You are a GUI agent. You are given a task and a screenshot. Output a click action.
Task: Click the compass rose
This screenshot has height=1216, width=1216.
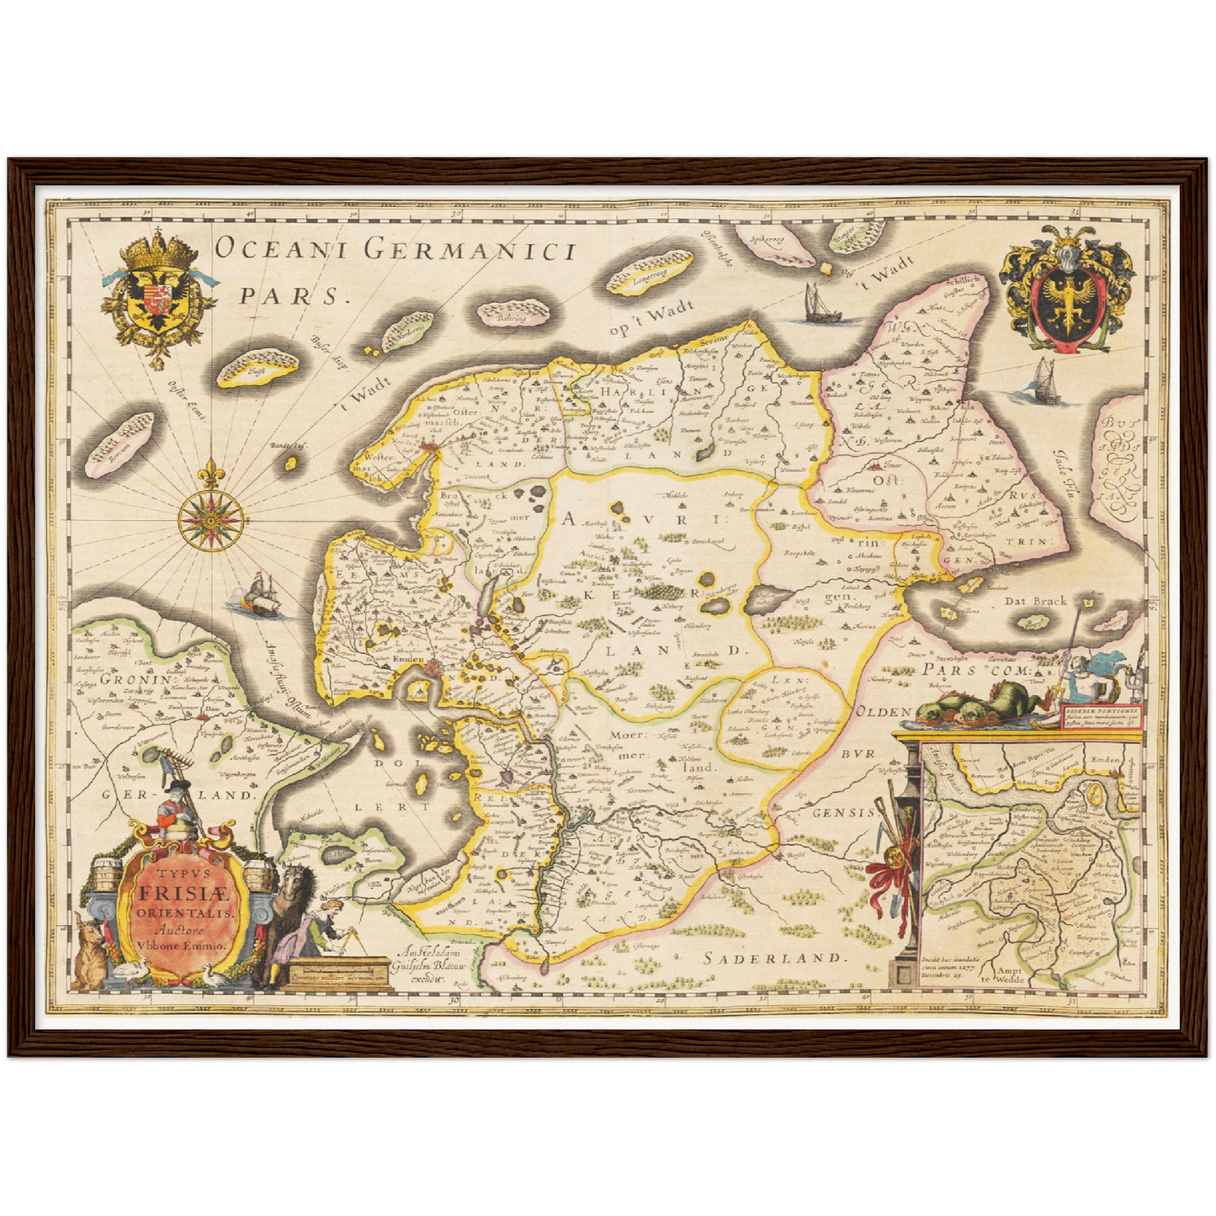211,514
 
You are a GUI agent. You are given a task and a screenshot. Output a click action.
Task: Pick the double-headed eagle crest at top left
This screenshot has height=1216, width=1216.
158,294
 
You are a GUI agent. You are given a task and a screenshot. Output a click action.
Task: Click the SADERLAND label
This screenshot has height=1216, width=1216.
772,957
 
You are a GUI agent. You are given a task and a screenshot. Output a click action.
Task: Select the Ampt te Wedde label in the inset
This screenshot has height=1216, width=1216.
1010,975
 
